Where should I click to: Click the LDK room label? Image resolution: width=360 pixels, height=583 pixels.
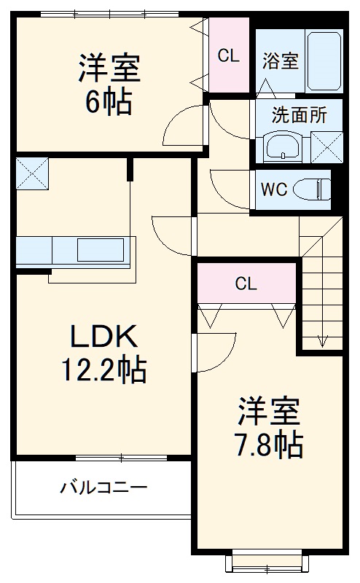103,336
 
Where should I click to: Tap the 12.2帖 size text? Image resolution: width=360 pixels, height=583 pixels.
103,372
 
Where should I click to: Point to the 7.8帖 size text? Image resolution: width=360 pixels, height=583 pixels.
268,444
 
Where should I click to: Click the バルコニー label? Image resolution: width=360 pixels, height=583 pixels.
103,487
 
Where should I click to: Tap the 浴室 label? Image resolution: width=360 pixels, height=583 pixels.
280,61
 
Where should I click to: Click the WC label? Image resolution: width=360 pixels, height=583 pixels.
274,189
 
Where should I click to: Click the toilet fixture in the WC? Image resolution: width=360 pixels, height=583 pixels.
313,189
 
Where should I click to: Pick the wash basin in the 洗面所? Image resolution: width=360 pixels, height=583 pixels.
281,148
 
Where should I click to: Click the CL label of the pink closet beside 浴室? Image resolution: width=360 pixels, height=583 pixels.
229,55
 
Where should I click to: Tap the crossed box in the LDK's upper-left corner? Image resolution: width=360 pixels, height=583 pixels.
31,171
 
